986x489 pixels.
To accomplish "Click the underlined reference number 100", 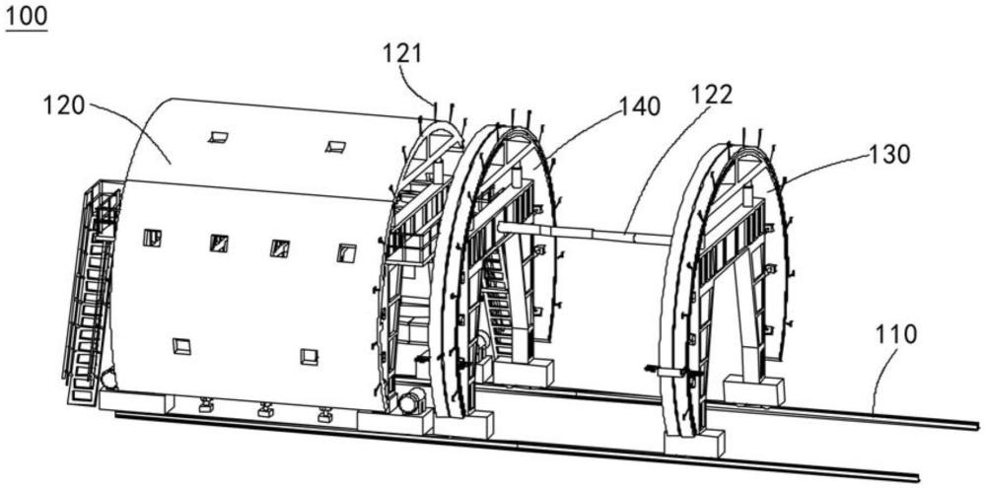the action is pos(26,17).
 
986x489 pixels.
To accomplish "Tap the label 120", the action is pos(63,105).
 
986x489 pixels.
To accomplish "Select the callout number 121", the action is pos(402,54).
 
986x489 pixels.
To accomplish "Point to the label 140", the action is pos(640,106).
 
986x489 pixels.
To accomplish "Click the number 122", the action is pos(711,95).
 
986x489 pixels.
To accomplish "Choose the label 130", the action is pos(889,154).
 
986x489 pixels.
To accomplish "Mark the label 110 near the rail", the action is pos(896,334).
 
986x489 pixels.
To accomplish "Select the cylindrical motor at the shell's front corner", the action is pos(412,401).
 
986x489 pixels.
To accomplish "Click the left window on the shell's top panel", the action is pos(218,137).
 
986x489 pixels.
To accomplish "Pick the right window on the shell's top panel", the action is pos(336,147).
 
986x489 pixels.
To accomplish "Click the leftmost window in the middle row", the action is pos(152,239).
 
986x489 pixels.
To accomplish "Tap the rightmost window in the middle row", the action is pos(346,253).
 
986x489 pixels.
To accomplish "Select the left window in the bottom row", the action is pos(181,346).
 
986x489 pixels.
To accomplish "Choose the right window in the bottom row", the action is pos(309,357).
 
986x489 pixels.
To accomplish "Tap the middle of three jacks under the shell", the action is pos(265,410).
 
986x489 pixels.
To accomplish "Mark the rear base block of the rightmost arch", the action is pos(754,391).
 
